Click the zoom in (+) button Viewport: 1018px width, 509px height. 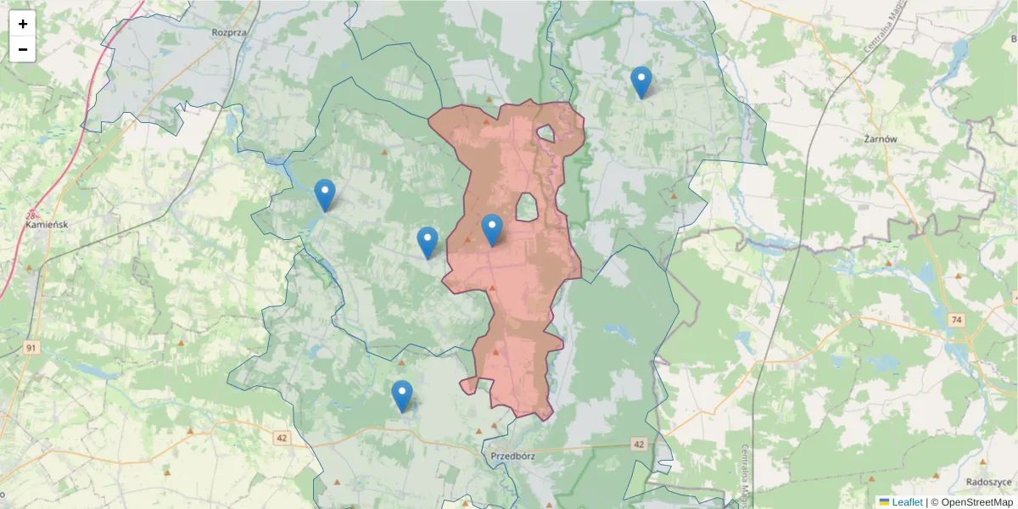23,24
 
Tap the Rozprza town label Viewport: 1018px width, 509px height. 229,33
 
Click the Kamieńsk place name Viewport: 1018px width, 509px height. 47,225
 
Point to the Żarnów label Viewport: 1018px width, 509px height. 880,138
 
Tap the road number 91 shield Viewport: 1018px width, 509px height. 31,348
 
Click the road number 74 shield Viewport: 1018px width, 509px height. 957,320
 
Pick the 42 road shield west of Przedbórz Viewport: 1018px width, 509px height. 282,438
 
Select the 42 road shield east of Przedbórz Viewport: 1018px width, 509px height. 639,445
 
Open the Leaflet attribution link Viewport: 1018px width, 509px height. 907,502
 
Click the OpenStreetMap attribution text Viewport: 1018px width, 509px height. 974,502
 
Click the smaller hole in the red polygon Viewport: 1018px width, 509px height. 545,133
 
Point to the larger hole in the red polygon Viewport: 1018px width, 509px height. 527,207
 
